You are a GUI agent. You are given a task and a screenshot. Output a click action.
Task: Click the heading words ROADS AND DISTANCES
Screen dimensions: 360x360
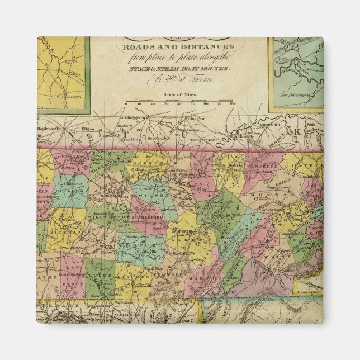[x=179, y=48]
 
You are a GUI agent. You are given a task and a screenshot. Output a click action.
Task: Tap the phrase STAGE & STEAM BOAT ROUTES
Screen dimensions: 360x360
[x=180, y=70]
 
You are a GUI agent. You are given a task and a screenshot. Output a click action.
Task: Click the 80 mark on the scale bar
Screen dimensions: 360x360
[x=233, y=103]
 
